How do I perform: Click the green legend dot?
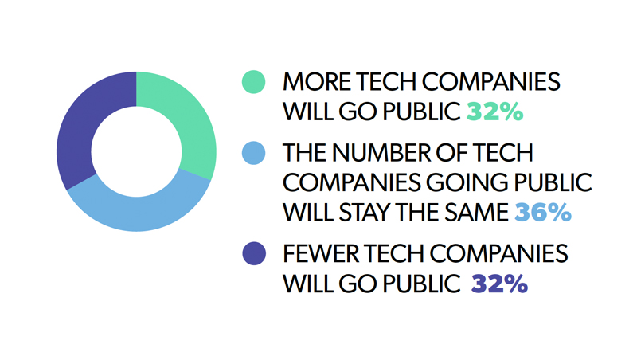click(253, 82)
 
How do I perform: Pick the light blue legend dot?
click(253, 153)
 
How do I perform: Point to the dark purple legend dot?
click(254, 253)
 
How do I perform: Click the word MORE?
click(317, 82)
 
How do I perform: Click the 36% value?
click(543, 212)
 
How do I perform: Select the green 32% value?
click(494, 112)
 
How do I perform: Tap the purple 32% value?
click(499, 284)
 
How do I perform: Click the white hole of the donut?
click(136, 151)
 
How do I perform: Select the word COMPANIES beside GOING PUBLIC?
click(352, 182)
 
